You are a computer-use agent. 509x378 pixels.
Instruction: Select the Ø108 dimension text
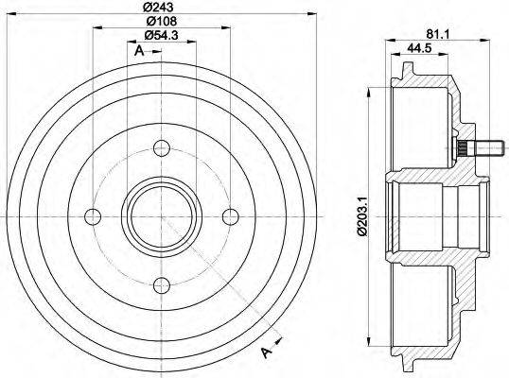click(159, 23)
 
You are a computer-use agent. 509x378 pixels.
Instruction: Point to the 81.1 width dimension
click(436, 35)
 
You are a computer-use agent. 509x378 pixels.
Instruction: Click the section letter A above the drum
click(139, 51)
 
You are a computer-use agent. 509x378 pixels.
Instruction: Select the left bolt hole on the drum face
click(92, 215)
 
